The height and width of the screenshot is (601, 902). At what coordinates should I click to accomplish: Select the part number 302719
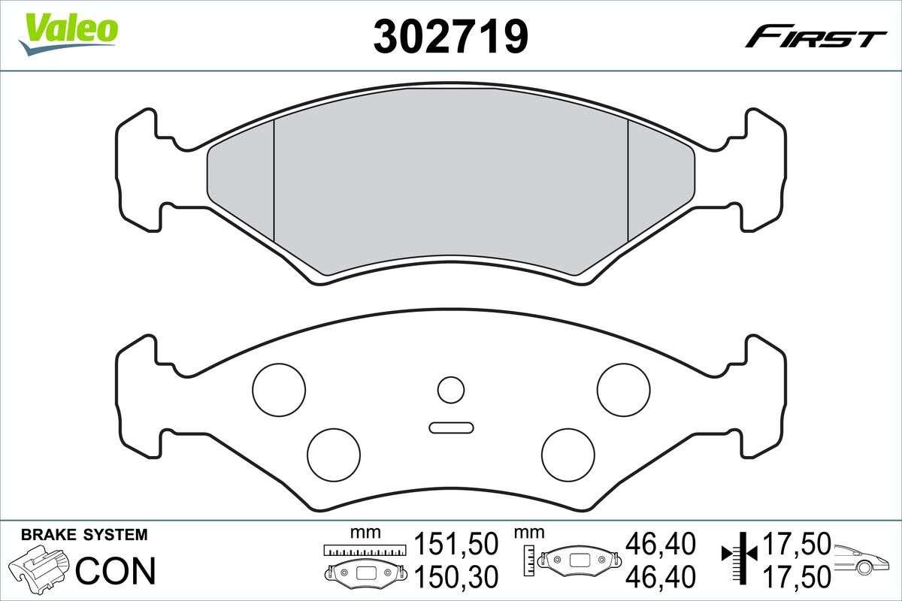(x=450, y=35)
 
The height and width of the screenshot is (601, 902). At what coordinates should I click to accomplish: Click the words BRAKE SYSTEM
(x=84, y=535)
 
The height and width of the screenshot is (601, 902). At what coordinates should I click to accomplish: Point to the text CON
(x=116, y=571)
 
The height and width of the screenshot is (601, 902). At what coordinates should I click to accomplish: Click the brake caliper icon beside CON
(x=40, y=570)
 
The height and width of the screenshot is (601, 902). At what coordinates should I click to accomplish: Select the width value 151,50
(x=457, y=543)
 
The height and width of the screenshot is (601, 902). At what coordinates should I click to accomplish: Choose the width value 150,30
(x=457, y=577)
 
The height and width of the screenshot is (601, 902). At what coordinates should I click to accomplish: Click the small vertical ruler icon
(x=530, y=557)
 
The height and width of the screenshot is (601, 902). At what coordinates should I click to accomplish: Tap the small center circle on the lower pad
(x=451, y=389)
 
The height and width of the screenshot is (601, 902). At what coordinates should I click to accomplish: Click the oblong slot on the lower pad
(x=451, y=427)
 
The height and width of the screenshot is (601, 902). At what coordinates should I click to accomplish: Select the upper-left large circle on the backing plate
(x=279, y=388)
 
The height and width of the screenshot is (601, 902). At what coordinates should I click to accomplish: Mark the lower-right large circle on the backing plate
(x=568, y=455)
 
